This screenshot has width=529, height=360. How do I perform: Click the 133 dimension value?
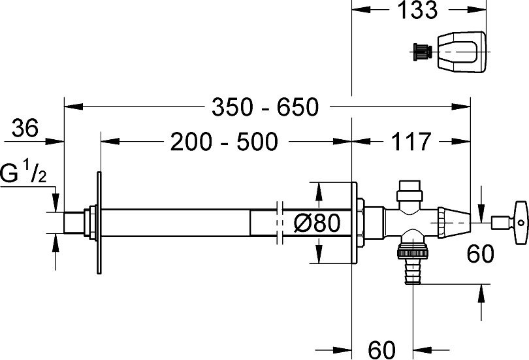coord(417,9)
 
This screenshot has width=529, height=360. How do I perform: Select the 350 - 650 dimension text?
coord(265,107)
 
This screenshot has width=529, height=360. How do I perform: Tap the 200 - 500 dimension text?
coord(224,141)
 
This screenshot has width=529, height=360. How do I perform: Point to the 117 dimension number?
coord(411,141)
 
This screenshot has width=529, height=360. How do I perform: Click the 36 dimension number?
coord(25,128)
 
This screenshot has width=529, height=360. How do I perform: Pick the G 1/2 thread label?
coord(23,172)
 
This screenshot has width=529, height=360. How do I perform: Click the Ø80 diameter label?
coord(317,223)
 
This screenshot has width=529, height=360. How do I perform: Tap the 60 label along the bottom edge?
coord(381,350)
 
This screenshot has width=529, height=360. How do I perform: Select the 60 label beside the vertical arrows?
coord(481,254)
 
